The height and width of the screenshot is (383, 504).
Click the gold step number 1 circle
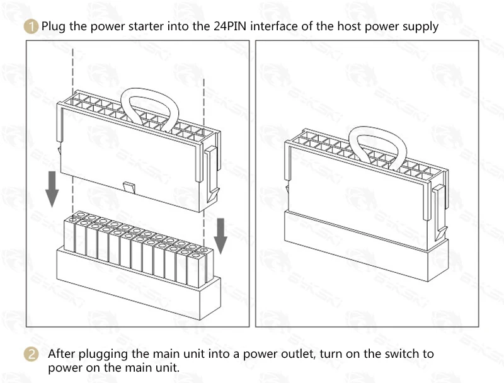31,26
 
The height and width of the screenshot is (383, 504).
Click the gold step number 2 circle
31,354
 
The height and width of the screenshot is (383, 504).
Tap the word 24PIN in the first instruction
230,26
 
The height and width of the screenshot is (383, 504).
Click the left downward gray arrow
52,189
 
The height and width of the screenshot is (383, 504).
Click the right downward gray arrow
220,236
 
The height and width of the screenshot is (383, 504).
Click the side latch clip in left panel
212,173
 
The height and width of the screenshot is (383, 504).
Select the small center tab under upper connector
129,187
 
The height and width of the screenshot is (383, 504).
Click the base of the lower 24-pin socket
139,283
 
